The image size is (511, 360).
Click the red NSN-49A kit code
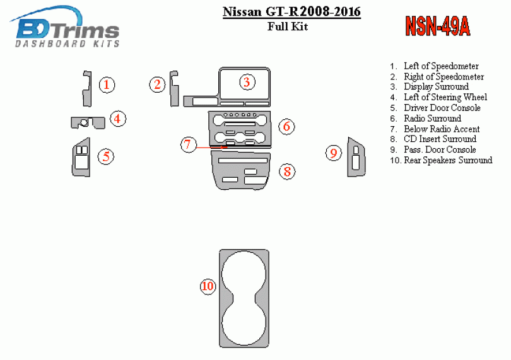437,26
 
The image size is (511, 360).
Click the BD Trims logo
65,26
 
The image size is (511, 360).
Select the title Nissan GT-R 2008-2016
291,12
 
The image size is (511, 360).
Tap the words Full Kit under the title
288,26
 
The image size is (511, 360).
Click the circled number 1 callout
107,84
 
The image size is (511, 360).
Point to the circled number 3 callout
247,82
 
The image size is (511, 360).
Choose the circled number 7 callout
189,144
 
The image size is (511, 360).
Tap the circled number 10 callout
208,286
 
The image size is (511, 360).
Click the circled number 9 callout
334,153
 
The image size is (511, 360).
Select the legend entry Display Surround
436,86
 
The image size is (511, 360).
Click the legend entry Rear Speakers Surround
448,160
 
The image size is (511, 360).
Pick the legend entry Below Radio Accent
442,129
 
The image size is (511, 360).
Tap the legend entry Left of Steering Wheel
445,97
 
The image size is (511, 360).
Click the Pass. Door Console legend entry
440,149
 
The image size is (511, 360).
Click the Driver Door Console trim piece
81,157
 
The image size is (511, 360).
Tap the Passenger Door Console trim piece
356,157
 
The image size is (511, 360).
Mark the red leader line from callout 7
212,148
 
